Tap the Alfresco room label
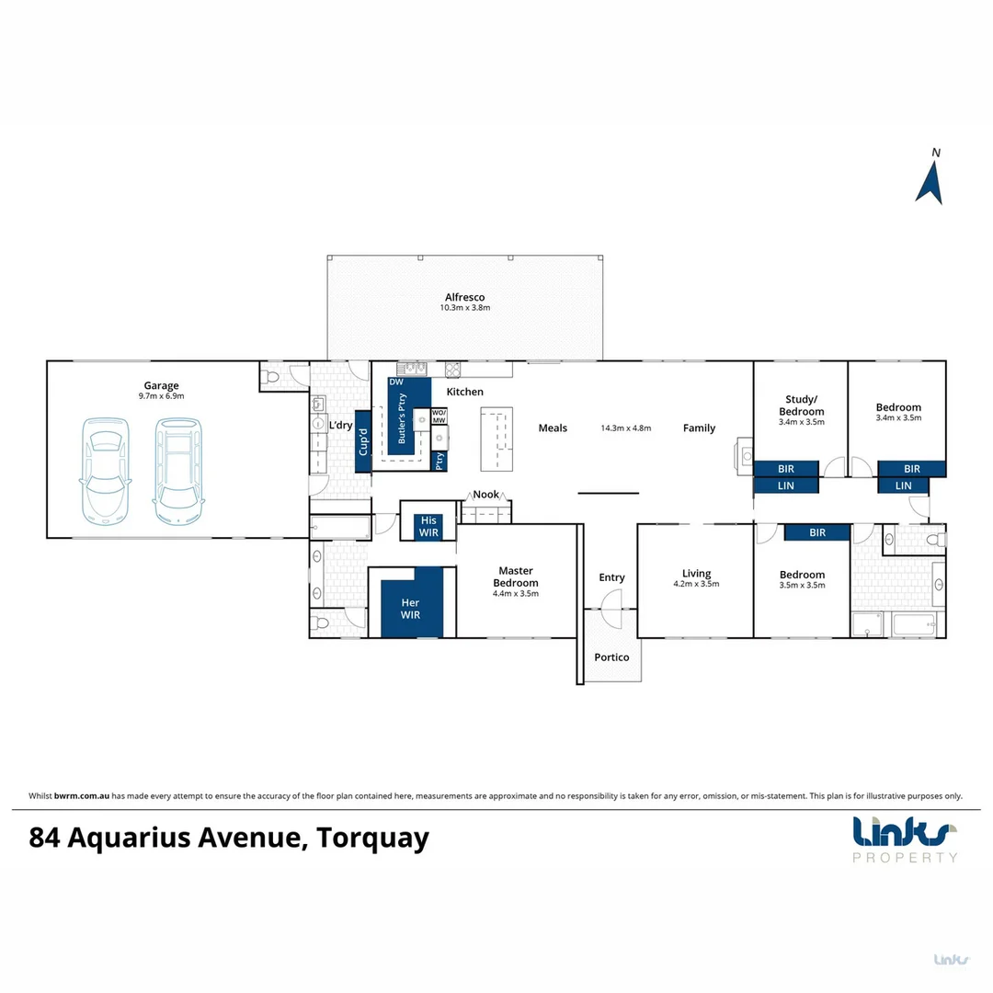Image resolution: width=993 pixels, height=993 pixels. [464, 297]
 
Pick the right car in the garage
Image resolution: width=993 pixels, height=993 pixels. [177, 468]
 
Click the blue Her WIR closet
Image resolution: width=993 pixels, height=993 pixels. [411, 608]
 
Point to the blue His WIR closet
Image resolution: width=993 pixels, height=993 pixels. [428, 527]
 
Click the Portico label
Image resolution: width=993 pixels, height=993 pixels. [611, 657]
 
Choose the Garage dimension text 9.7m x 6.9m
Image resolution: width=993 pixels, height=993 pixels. [161, 396]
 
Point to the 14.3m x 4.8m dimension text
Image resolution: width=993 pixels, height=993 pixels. [626, 428]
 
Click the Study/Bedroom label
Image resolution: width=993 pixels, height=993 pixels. [800, 405]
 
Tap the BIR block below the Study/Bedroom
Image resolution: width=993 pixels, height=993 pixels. [786, 469]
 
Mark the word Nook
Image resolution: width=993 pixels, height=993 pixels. [486, 495]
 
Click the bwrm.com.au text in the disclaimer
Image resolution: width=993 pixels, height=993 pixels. [82, 796]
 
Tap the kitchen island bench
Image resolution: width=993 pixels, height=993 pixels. [495, 439]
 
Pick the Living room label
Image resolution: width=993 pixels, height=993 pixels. [697, 574]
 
